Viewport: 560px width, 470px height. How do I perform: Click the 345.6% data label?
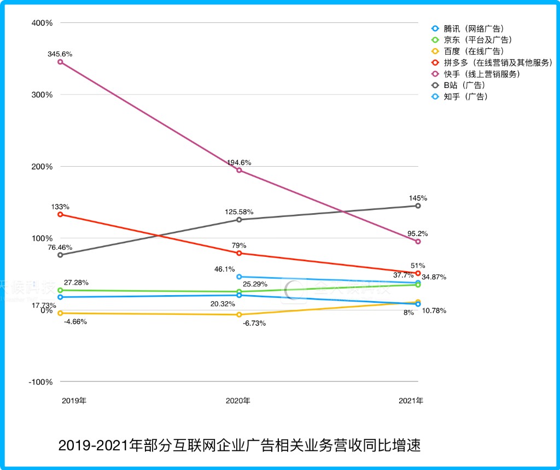60,54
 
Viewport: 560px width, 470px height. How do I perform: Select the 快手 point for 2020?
239,170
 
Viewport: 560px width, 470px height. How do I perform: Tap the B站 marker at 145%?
418,205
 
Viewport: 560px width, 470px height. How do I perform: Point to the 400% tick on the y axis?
42,23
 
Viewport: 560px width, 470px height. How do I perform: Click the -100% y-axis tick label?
40,381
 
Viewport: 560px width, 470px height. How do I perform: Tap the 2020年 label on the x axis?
238,401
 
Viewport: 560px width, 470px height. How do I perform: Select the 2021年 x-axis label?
411,401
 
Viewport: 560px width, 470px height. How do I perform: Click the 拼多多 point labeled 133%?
60,214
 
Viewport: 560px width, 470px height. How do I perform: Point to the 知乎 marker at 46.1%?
239,277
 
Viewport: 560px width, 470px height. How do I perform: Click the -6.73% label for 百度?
254,323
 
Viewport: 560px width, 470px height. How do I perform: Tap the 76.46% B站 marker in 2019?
60,255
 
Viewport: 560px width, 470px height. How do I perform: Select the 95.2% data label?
418,233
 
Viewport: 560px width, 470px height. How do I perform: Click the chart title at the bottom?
240,445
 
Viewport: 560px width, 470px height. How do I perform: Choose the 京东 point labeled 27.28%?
60,290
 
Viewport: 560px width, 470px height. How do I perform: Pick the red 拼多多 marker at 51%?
418,273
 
